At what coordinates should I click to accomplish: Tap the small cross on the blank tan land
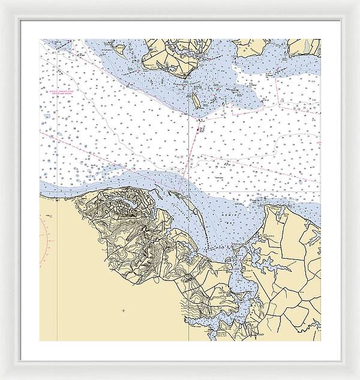point(122,310)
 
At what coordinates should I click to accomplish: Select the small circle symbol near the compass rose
point(52,216)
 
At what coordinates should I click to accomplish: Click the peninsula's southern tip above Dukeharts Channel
point(180,75)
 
